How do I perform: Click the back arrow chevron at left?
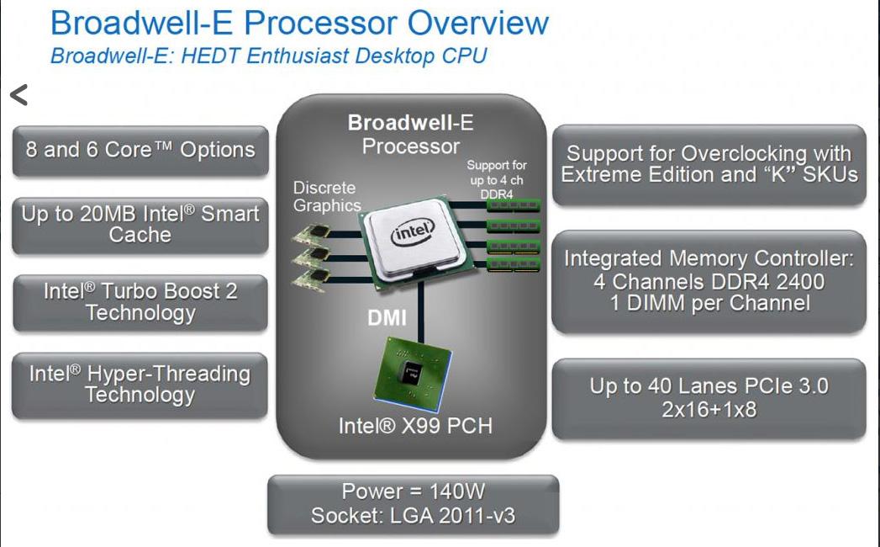tap(18, 95)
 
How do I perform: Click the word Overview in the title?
tap(478, 24)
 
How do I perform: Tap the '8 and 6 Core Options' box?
tap(140, 151)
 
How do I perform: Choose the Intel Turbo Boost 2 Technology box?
tap(140, 302)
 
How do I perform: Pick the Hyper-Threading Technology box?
tap(140, 385)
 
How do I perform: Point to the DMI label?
tap(387, 318)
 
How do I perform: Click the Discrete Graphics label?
tap(327, 197)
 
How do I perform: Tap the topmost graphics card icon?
tap(311, 233)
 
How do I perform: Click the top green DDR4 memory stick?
tap(514, 205)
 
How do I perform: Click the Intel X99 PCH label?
tap(415, 426)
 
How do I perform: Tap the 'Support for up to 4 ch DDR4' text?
tap(497, 180)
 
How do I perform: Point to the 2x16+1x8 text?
tap(709, 410)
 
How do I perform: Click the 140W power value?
tap(457, 491)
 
